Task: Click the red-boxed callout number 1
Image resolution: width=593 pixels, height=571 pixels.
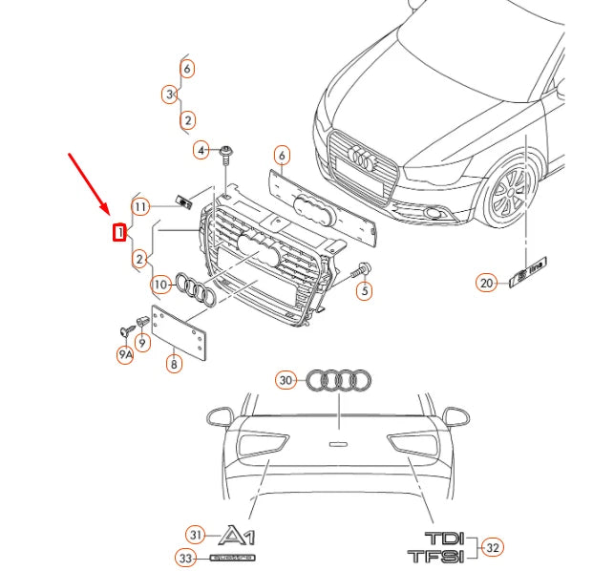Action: coord(119,231)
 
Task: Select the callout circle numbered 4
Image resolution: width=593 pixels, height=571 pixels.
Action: coord(201,150)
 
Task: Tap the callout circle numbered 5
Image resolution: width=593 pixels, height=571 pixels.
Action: coord(365,289)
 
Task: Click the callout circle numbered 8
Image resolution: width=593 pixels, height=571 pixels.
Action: coord(174,364)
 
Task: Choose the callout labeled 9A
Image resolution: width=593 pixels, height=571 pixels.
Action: coord(125,355)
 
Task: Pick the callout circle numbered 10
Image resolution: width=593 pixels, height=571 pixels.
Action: coord(160,284)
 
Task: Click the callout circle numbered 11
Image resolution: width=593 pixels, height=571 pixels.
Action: coord(141,206)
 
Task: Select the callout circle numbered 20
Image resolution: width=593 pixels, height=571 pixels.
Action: coord(487,283)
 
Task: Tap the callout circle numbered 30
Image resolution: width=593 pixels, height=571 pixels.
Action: coord(286,380)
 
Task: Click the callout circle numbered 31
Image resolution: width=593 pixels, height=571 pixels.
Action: coord(196,534)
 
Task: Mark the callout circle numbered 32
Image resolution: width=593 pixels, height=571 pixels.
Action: coord(493,547)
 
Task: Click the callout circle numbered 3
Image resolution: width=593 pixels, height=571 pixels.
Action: coord(169,95)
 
